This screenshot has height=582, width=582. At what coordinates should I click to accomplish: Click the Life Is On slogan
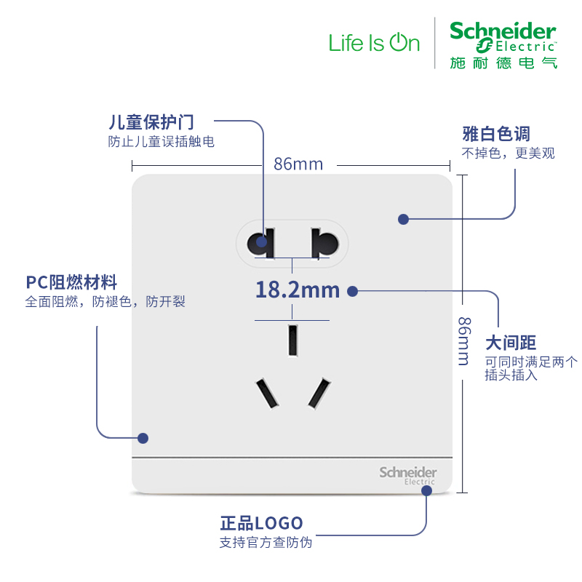374,43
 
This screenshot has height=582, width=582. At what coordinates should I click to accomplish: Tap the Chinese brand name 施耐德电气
503,63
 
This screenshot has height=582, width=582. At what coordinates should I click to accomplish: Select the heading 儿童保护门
151,122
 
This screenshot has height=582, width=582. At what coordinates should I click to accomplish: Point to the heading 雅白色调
496,134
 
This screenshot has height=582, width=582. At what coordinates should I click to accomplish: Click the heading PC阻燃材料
71,282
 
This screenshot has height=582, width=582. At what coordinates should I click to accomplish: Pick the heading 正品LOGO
261,523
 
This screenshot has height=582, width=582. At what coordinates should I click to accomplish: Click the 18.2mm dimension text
297,290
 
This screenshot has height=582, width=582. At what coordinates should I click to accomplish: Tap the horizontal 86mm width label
298,164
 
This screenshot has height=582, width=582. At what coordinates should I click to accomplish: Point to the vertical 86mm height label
463,340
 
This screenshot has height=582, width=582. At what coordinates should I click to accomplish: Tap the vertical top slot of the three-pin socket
292,340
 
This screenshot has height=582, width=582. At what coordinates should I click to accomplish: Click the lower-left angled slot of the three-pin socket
266,394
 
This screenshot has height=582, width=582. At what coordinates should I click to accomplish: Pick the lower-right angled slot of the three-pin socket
319,394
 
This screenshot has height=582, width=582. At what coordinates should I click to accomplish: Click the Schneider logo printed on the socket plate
407,474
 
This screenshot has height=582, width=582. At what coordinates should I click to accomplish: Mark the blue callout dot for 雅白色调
403,218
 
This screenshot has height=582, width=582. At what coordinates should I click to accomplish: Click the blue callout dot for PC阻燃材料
143,438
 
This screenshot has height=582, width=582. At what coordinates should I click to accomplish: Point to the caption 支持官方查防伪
266,543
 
